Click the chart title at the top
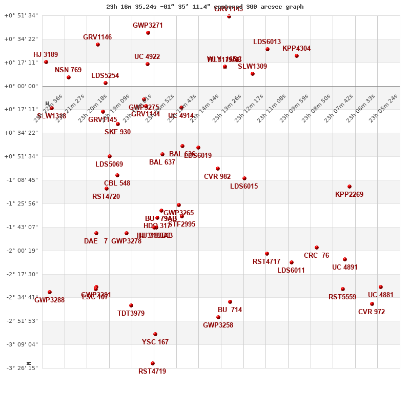click(x=204, y=7)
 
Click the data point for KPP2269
click(x=350, y=187)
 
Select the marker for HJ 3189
click(x=46, y=62)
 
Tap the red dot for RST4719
click(x=153, y=363)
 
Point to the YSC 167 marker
click(x=155, y=334)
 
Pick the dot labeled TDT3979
click(x=131, y=305)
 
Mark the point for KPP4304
click(x=297, y=56)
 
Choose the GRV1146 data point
click(x=98, y=45)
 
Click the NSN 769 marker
click(x=69, y=77)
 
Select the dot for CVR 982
click(x=218, y=169)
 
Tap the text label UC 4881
click(x=381, y=295)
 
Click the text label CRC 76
click(x=316, y=256)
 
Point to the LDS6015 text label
click(x=244, y=187)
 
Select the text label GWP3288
click(x=50, y=300)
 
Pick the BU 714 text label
click(x=230, y=310)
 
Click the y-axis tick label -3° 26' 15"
click(x=22, y=368)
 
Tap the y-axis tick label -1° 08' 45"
click(x=22, y=180)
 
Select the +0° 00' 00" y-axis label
click(x=22, y=86)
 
